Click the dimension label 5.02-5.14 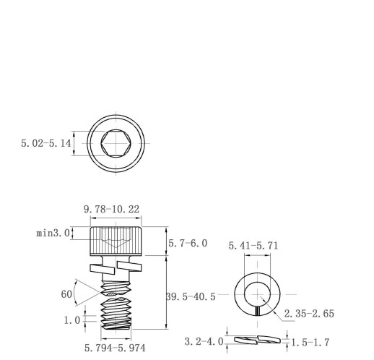(46, 143)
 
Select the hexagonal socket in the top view (116, 143)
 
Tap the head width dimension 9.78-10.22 (111, 209)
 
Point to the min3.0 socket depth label (53, 233)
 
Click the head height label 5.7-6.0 (188, 243)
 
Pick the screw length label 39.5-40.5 (191, 296)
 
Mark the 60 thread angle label (66, 294)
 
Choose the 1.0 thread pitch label (72, 320)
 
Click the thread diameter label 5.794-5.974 (115, 348)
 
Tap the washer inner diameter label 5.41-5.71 (253, 246)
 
